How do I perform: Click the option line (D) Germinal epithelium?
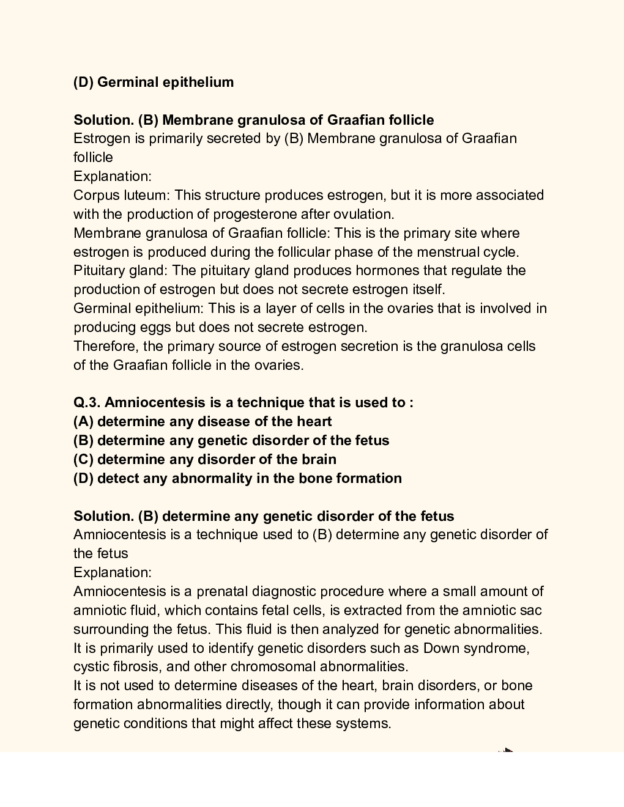click(154, 82)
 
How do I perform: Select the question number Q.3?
click(87, 402)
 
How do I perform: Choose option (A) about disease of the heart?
click(202, 421)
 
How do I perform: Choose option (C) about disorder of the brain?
click(205, 459)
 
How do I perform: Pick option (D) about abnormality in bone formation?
click(237, 478)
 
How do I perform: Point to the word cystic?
click(92, 666)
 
